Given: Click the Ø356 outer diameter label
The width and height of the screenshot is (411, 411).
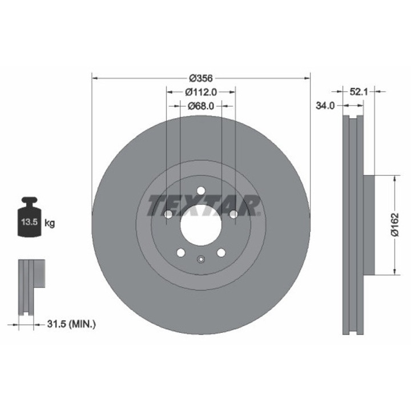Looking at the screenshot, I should click(201, 78).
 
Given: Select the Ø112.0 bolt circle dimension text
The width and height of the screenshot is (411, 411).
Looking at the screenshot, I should click(202, 92).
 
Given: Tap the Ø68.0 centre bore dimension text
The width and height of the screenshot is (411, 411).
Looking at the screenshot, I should click(201, 106).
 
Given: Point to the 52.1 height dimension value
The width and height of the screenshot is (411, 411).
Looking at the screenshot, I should click(358, 91).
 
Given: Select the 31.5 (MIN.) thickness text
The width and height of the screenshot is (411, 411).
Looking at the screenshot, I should click(70, 324).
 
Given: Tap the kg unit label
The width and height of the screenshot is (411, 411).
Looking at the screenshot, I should click(50, 223).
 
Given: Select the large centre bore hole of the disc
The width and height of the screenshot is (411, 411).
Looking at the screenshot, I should click(201, 224).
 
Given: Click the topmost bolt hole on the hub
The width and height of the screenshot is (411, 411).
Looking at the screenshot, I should click(201, 191).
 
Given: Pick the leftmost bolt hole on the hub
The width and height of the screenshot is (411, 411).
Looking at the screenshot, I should click(168, 215).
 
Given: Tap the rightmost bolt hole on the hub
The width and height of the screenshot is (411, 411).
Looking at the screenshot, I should click(233, 215).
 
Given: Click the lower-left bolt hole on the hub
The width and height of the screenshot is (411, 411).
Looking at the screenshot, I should click(181, 252).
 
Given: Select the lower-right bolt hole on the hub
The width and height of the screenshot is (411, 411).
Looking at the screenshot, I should click(221, 252).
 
